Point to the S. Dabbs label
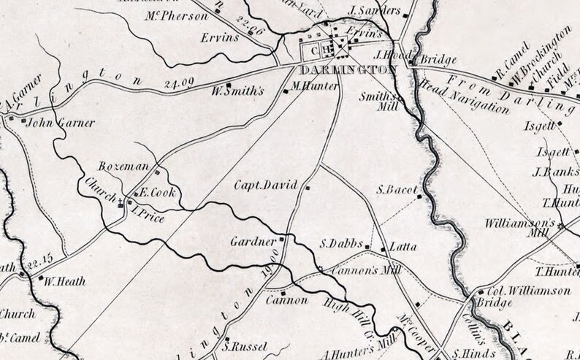pos(341,245)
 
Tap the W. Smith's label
pos(236,93)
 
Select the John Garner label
pos(52,123)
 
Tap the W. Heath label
pos(65,280)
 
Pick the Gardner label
pos(253,240)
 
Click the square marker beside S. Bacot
pos(419,196)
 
